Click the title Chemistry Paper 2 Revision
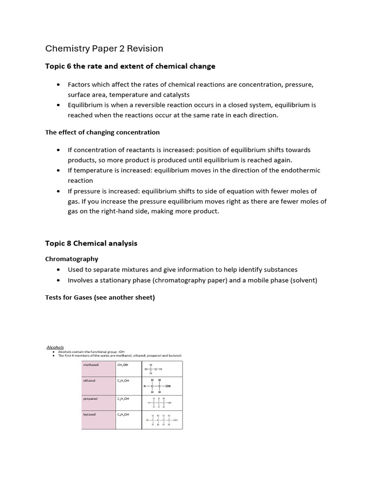pyautogui.click(x=104, y=48)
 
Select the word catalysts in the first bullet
pyautogui.click(x=173, y=95)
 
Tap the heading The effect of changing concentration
pyautogui.click(x=102, y=132)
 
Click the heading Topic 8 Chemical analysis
pyautogui.click(x=91, y=243)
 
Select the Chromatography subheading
pyautogui.click(x=72, y=259)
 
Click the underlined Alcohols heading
pyautogui.click(x=55, y=347)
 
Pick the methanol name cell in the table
pyautogui.click(x=98, y=368)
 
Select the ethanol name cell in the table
pyautogui.click(x=98, y=385)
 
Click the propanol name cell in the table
pyautogui.click(x=98, y=403)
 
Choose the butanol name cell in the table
pyautogui.click(x=98, y=420)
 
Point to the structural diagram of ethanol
pyautogui.click(x=157, y=385)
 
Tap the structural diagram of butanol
pyautogui.click(x=162, y=420)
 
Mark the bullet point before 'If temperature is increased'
pyautogui.click(x=58, y=171)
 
